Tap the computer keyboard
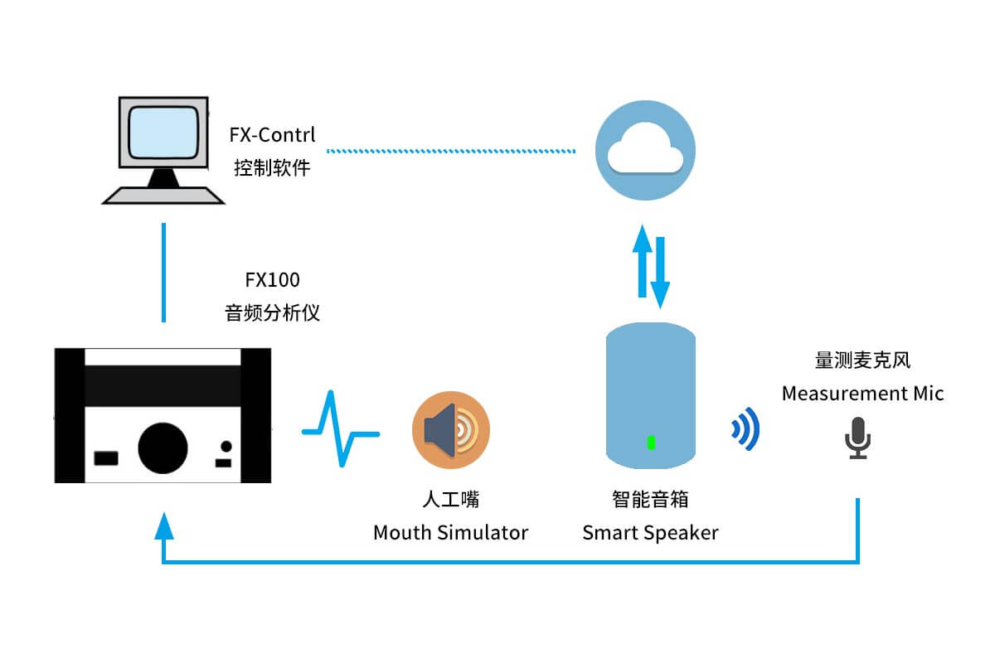pyautogui.click(x=163, y=195)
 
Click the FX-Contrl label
pyautogui.click(x=273, y=134)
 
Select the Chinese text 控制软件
pyautogui.click(x=272, y=168)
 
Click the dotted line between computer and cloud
pyautogui.click(x=451, y=151)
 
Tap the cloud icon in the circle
pyautogui.click(x=645, y=153)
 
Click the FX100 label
pyautogui.click(x=272, y=280)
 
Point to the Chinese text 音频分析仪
pyautogui.click(x=272, y=313)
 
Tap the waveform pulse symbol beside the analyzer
pyautogui.click(x=340, y=431)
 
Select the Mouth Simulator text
pyautogui.click(x=450, y=532)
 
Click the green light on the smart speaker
pyautogui.click(x=651, y=443)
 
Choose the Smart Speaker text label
pyautogui.click(x=650, y=532)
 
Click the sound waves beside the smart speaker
pyautogui.click(x=745, y=429)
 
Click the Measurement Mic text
pyautogui.click(x=862, y=393)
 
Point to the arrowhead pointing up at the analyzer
pyautogui.click(x=164, y=525)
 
